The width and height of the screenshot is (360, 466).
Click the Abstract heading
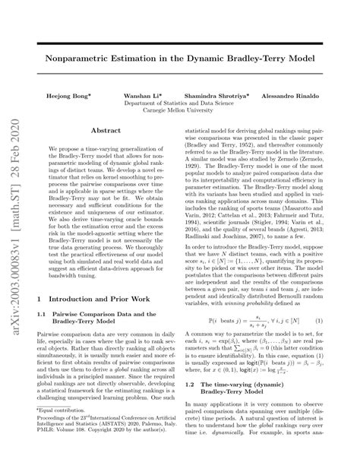click(106, 132)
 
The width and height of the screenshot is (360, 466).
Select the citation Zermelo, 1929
click(311, 159)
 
